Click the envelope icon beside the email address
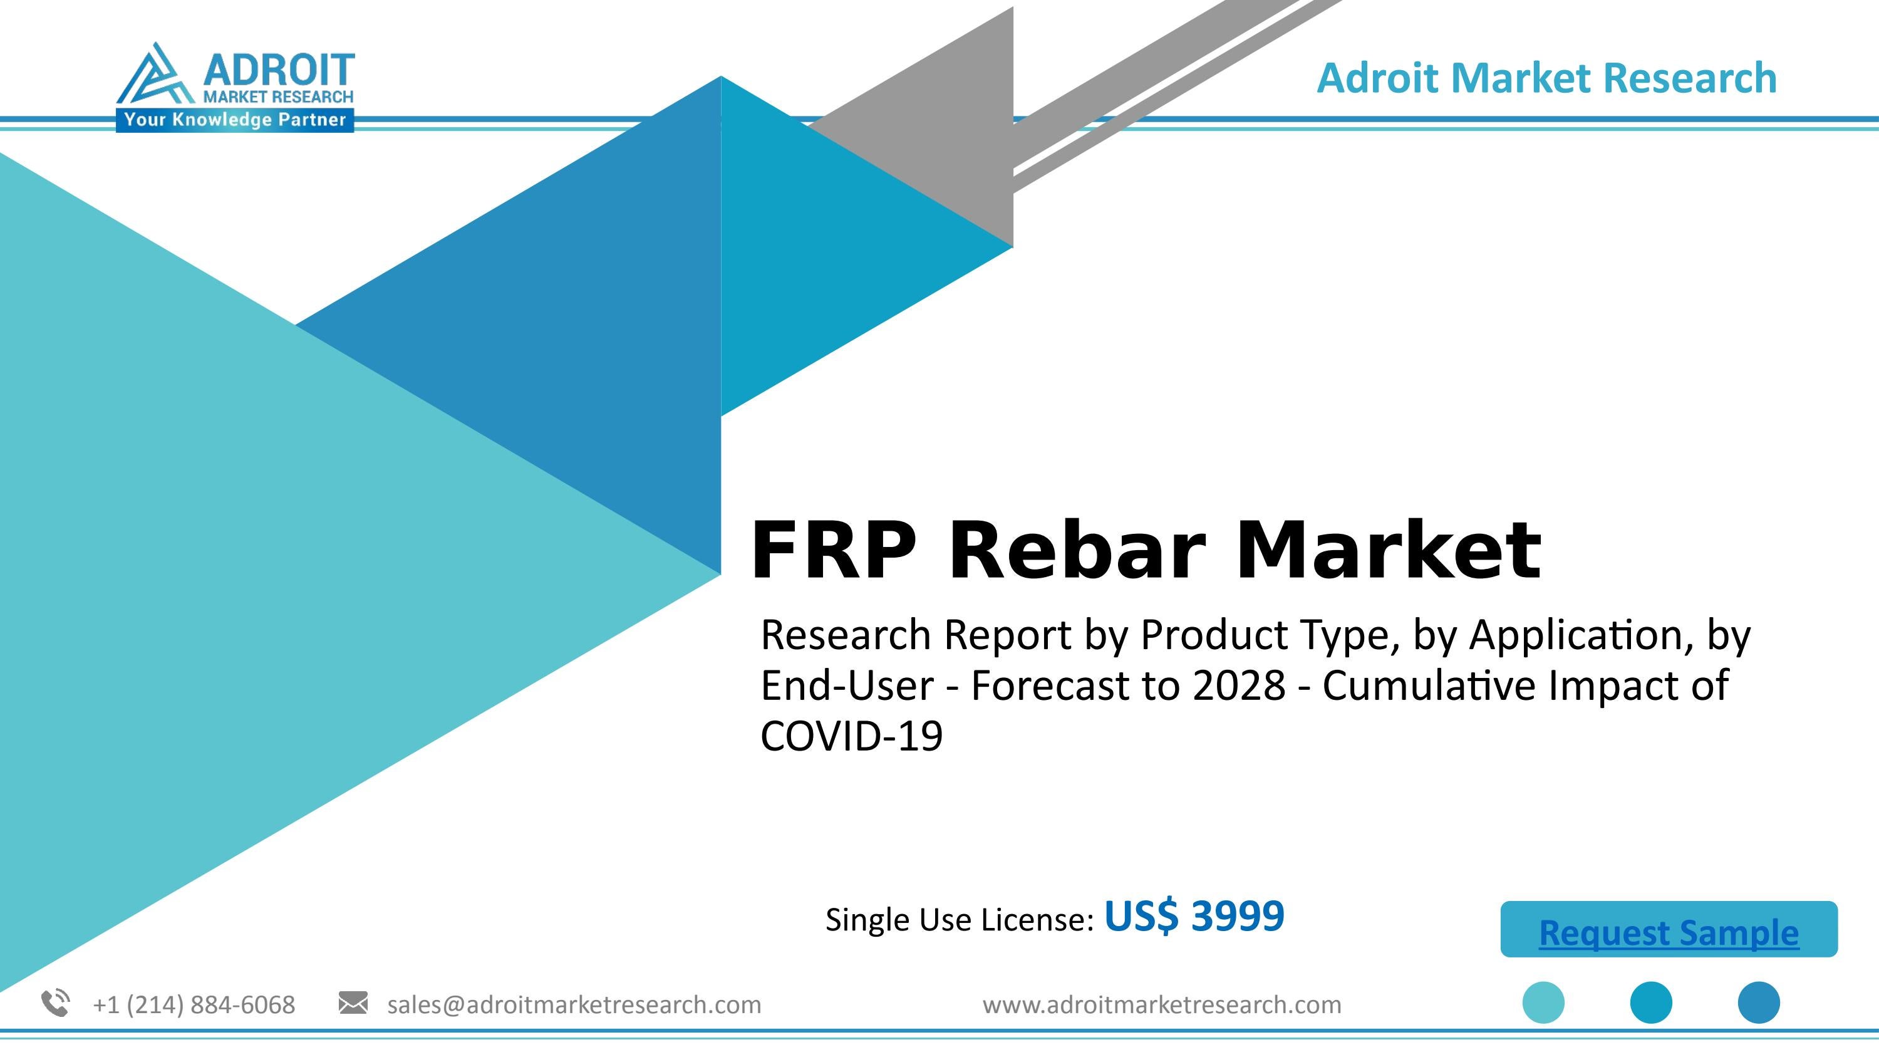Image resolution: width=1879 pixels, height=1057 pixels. (x=353, y=1003)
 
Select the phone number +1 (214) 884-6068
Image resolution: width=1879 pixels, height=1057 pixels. (x=194, y=1004)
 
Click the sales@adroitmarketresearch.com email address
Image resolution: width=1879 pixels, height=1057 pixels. (x=574, y=1004)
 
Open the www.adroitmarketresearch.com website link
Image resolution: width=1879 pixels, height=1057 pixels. (x=1161, y=1004)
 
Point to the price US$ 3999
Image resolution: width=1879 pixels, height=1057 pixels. (x=1194, y=916)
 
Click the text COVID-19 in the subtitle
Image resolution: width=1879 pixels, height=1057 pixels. (x=851, y=736)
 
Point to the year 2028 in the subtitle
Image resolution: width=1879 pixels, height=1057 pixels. (x=1238, y=685)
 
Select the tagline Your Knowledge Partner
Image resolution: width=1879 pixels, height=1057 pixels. (x=234, y=120)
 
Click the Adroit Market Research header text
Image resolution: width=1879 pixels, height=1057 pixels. (x=1546, y=78)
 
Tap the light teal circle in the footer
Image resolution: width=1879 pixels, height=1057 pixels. (x=1543, y=1002)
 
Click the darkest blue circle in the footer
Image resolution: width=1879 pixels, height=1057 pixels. (x=1759, y=1002)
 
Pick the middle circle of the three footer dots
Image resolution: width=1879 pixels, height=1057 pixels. (x=1650, y=1002)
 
